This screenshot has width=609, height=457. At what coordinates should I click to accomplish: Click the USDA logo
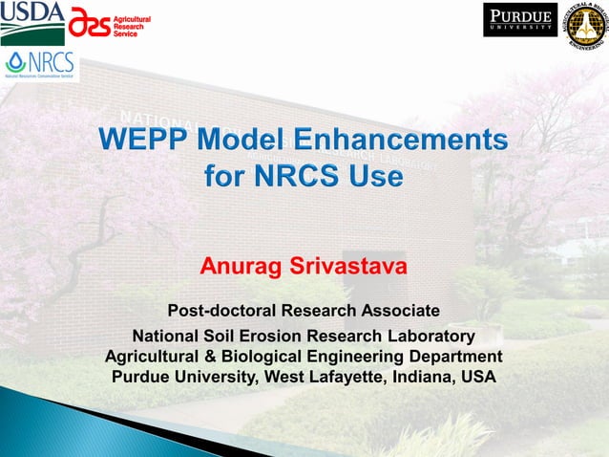[31, 21]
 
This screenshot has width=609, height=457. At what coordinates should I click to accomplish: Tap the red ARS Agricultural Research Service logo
[109, 26]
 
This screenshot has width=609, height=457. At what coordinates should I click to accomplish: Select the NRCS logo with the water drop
[40, 65]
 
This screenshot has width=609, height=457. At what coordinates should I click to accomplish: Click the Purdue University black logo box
[520, 20]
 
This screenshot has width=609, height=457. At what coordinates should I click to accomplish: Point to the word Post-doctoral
[220, 311]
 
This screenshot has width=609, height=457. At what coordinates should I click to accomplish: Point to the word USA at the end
[477, 377]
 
